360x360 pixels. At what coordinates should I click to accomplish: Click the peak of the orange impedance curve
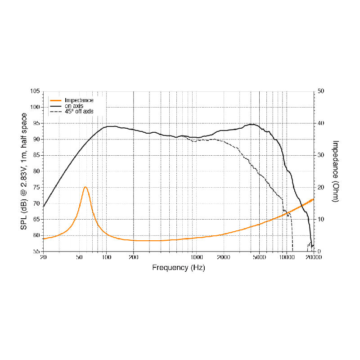point(85,187)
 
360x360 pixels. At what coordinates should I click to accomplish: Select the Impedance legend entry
point(79,100)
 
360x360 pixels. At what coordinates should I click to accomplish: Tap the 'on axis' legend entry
point(74,106)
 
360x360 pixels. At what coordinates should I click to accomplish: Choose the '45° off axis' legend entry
point(79,111)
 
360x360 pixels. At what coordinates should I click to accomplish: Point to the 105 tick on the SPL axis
point(35,91)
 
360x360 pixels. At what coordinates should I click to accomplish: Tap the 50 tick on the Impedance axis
point(321,91)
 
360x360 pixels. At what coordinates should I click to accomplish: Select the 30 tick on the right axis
point(321,155)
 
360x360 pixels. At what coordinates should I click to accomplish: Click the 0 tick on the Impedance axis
point(319,252)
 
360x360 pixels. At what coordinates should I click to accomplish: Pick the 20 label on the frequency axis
point(44,258)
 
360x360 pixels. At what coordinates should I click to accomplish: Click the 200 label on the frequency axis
point(134,258)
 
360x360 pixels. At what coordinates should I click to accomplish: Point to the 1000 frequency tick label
point(197,258)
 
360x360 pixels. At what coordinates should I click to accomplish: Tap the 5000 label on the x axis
point(259,258)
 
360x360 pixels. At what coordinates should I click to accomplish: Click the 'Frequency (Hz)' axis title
point(179,267)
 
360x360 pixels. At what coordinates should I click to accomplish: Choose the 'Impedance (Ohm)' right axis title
point(335,171)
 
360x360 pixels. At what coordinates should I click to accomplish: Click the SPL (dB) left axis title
point(23,171)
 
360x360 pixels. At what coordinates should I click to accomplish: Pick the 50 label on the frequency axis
point(80,258)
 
